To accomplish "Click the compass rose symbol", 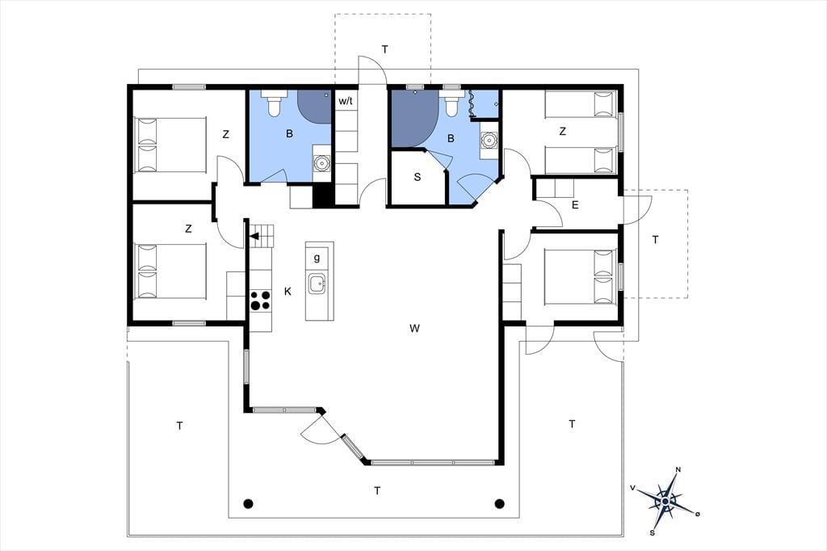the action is click(x=666, y=500).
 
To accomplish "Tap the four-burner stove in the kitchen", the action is click(x=260, y=301).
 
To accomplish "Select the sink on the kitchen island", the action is click(x=317, y=284).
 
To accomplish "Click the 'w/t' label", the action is click(x=346, y=101).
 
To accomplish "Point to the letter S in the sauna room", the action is click(x=418, y=177).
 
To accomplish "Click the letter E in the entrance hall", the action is click(x=575, y=204).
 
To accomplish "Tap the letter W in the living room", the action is click(x=414, y=328).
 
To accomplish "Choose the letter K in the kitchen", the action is click(x=288, y=292).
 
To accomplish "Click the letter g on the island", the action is click(x=317, y=258).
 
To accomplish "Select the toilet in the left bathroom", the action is click(x=274, y=103).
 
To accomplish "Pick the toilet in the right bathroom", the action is click(x=451, y=103).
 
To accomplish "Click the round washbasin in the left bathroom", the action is click(x=321, y=163).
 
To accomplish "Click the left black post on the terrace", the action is click(x=249, y=503).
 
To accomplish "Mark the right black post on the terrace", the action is click(x=499, y=503).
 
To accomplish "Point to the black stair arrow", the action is click(x=254, y=236).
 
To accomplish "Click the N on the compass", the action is click(x=678, y=469).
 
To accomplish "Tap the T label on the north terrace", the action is click(x=385, y=49).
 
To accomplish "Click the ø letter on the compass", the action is click(x=697, y=514).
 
